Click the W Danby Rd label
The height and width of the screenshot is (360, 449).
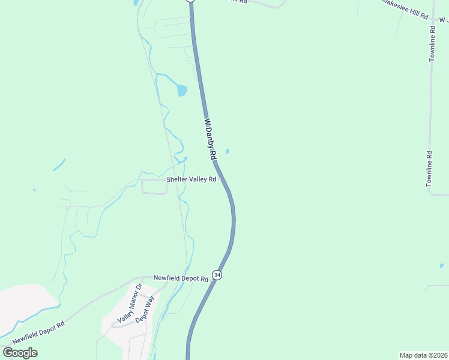click(210, 139)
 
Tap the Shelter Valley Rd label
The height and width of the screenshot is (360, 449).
click(191, 179)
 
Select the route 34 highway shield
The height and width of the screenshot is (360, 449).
click(217, 275)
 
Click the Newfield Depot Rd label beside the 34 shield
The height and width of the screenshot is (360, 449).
click(180, 278)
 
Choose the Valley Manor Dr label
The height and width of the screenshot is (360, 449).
click(129, 304)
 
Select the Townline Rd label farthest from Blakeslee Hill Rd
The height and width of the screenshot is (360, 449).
click(429, 169)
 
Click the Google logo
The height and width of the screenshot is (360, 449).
click(20, 352)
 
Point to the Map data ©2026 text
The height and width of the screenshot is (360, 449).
click(423, 355)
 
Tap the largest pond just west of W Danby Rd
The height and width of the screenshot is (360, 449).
click(181, 91)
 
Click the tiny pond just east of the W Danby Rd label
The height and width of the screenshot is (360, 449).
click(227, 151)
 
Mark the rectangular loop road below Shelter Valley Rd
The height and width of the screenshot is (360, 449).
click(154, 187)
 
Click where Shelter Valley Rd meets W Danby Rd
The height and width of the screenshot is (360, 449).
click(221, 179)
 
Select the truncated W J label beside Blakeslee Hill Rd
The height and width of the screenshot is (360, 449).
click(443, 20)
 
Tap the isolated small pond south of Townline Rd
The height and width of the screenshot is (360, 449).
click(441, 265)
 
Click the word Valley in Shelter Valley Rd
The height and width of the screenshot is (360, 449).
click(196, 179)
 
